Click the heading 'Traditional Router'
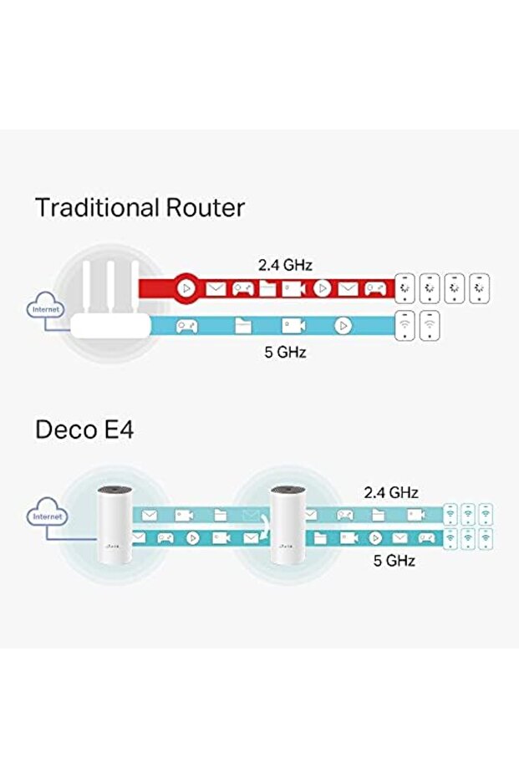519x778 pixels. point(140,207)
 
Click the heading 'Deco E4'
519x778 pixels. point(84,430)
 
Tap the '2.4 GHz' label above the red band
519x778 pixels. point(284,265)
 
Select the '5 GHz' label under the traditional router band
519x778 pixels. point(285,352)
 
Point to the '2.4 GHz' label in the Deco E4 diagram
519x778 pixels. point(390,492)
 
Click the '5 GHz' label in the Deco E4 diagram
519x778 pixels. point(394,561)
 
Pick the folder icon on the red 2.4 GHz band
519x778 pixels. point(267,289)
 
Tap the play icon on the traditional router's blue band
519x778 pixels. point(343,326)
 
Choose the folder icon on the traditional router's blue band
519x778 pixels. point(242,326)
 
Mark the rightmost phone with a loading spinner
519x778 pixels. point(480,288)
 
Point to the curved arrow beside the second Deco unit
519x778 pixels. point(262,526)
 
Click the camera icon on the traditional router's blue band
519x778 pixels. point(293,326)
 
